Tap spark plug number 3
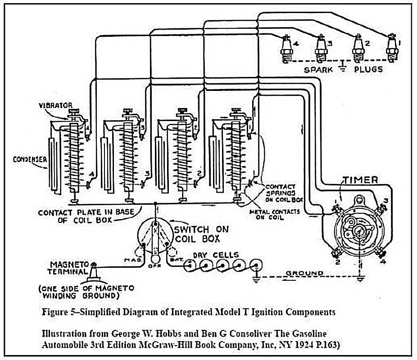tap(321, 49)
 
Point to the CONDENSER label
tap(30, 159)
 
